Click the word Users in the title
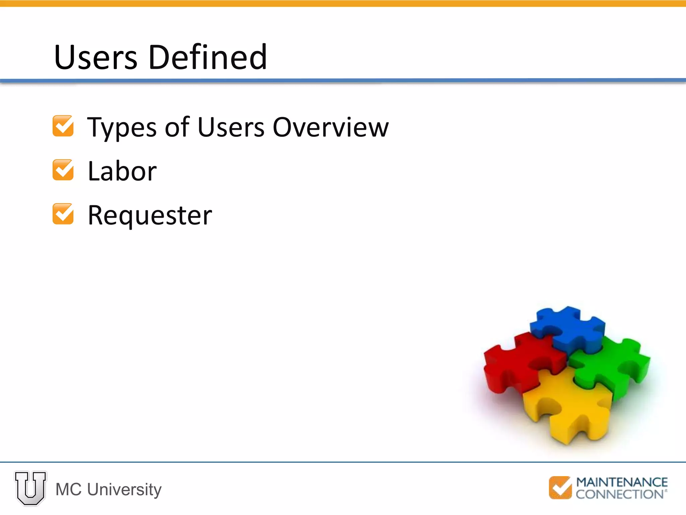[x=95, y=58]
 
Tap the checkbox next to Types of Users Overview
[x=63, y=126]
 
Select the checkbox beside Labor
[x=63, y=170]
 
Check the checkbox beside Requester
[x=63, y=214]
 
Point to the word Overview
[x=331, y=127]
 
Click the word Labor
[x=122, y=171]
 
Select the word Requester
[x=150, y=216]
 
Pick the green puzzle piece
[x=613, y=365]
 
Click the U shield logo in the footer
[x=30, y=488]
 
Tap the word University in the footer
[x=124, y=490]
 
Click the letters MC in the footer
[x=68, y=490]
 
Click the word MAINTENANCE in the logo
[x=622, y=482]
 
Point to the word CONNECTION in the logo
[x=620, y=494]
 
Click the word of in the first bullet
[x=177, y=127]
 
